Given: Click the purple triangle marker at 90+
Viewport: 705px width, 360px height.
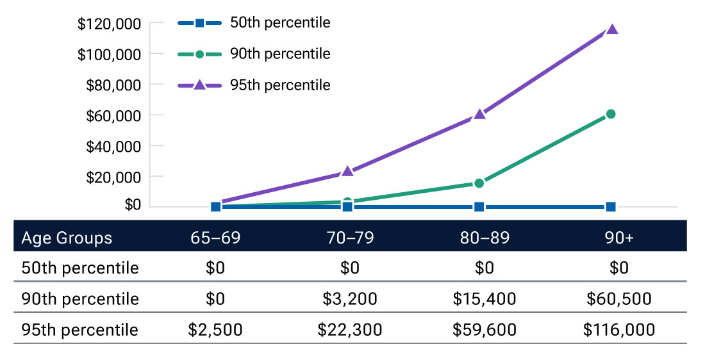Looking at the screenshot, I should (x=611, y=29).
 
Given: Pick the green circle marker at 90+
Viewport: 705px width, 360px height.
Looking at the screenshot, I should (x=611, y=114).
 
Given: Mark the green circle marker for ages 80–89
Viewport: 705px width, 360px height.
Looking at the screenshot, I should (x=479, y=183).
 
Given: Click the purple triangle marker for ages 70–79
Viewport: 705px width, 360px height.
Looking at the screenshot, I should (x=348, y=172).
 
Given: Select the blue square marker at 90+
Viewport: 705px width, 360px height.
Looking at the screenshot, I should (x=611, y=206).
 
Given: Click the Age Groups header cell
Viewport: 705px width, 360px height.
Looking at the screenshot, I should (x=67, y=238).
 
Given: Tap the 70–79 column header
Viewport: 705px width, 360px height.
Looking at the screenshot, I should (x=349, y=238).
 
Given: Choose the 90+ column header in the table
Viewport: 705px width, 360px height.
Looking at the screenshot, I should (x=618, y=238).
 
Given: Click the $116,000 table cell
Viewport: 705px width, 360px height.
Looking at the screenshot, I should (x=618, y=329).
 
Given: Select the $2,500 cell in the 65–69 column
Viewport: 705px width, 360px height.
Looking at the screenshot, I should (x=215, y=329).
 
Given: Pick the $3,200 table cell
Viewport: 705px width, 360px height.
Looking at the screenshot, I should (x=349, y=299).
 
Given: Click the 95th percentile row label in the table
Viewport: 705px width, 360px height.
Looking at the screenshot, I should (x=80, y=329).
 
